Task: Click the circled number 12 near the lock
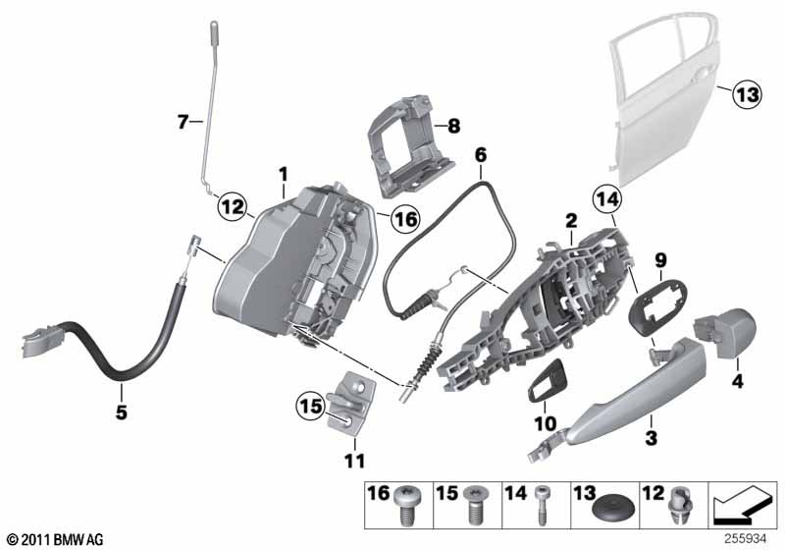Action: (x=232, y=207)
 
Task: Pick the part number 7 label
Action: (x=183, y=122)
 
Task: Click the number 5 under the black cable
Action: (x=121, y=412)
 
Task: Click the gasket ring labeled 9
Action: (x=653, y=304)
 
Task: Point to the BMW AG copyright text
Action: (x=53, y=538)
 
